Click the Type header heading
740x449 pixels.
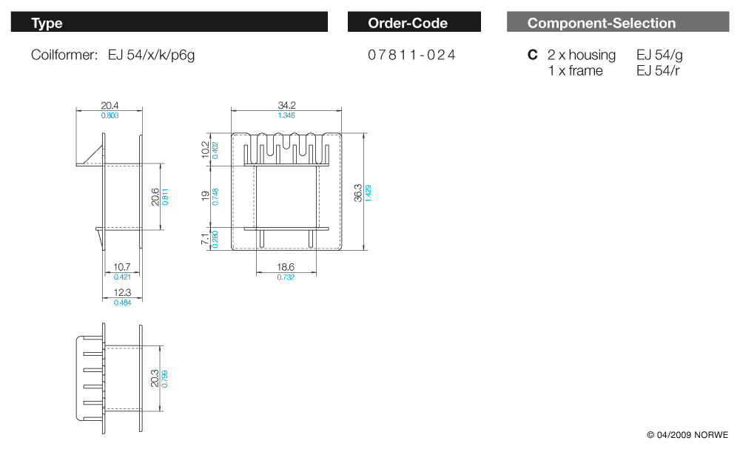[47, 23]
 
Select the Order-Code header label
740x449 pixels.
[408, 23]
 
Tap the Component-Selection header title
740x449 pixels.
[602, 23]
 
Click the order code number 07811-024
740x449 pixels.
[411, 55]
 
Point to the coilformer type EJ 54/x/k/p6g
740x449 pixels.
[151, 55]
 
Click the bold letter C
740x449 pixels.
[532, 55]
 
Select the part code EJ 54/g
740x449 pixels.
[659, 55]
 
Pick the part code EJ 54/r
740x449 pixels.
[658, 71]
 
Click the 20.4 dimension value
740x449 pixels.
[110, 106]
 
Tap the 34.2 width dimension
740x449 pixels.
[286, 105]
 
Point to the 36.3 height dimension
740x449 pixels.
[358, 193]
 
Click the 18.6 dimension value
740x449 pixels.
[286, 267]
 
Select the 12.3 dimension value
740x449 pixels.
[122, 292]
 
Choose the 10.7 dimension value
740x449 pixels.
[122, 267]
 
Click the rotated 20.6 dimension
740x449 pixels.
[155, 197]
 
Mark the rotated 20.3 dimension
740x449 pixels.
[155, 379]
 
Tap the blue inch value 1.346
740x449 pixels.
[286, 115]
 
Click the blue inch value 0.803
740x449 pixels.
[110, 115]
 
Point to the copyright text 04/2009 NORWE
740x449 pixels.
[687, 435]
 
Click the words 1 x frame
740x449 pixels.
[575, 71]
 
